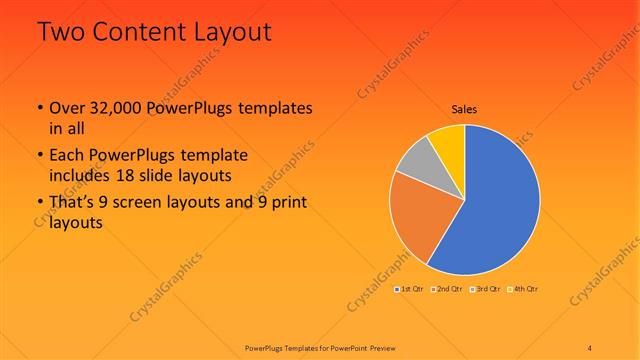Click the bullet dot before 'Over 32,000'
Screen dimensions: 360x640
pos(39,108)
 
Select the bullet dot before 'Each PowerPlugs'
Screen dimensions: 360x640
pos(39,156)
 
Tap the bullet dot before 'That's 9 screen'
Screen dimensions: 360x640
pos(39,204)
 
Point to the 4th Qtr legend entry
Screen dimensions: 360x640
pos(523,289)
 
